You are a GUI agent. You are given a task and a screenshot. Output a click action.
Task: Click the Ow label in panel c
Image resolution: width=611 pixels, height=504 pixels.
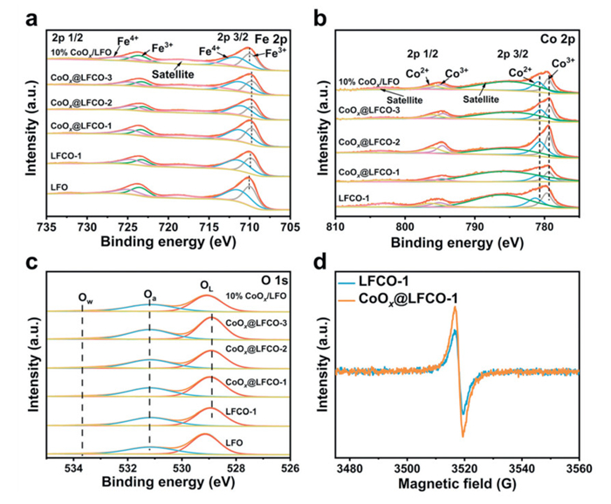click(85, 300)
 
